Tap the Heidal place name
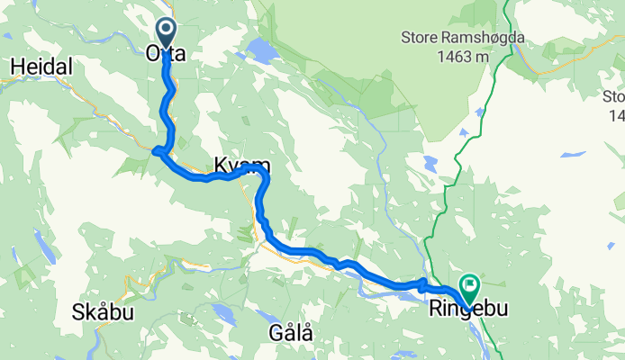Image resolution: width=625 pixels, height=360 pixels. (x=33, y=67)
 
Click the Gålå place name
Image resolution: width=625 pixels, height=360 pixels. (x=291, y=332)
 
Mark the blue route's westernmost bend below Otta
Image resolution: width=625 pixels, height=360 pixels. (x=157, y=150)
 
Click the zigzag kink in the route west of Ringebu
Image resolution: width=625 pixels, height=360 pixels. (x=421, y=284)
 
